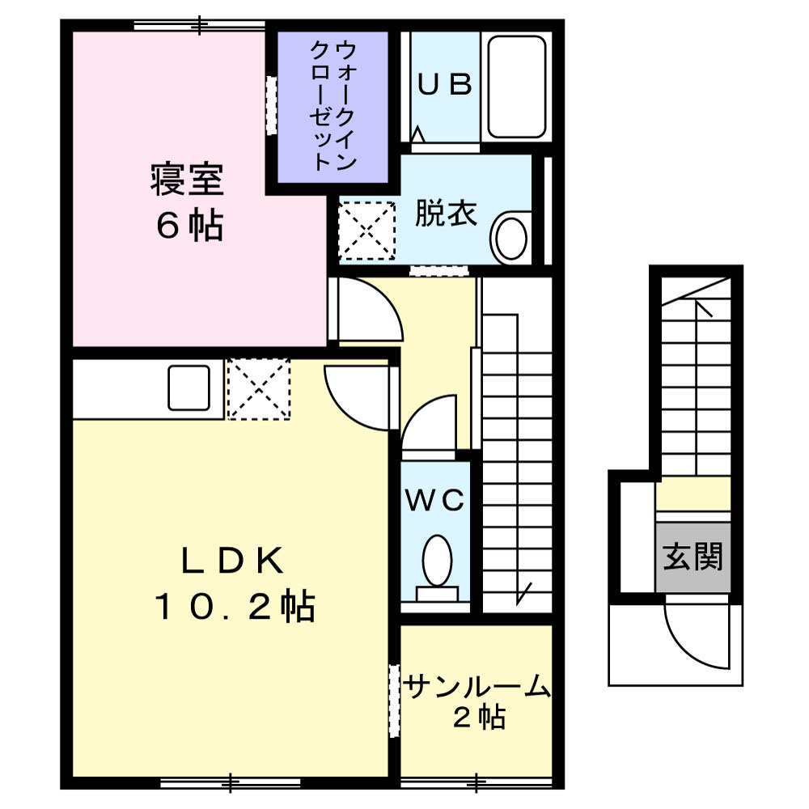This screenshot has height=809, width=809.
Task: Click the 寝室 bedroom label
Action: pyautogui.click(x=188, y=179)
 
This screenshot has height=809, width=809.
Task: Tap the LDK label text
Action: pyautogui.click(x=233, y=561)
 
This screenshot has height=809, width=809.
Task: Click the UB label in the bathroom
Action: pyautogui.click(x=444, y=85)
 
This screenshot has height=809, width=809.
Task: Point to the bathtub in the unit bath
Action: pyautogui.click(x=516, y=87)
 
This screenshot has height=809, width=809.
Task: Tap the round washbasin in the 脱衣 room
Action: pyautogui.click(x=510, y=239)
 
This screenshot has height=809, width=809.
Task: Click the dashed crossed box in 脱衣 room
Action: pyautogui.click(x=366, y=231)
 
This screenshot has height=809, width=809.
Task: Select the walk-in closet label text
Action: pyautogui.click(x=332, y=106)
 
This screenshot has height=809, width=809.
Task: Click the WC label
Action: pyautogui.click(x=435, y=501)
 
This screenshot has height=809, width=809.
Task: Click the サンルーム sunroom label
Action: pyautogui.click(x=477, y=687)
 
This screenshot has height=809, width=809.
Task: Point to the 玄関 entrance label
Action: pyautogui.click(x=693, y=557)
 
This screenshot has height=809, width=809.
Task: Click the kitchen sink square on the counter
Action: pyautogui.click(x=188, y=388)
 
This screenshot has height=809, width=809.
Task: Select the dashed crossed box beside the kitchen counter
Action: pyautogui.click(x=259, y=389)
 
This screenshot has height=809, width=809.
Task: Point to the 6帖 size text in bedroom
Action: pyautogui.click(x=189, y=226)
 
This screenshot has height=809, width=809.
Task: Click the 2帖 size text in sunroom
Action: pyautogui.click(x=479, y=717)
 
